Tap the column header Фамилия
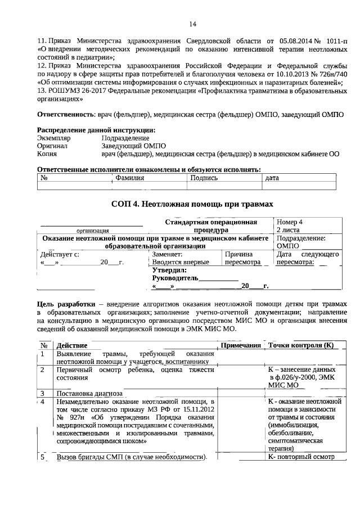coord(129,178)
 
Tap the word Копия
coord(47,153)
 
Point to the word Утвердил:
coord(169,270)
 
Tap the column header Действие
coord(71,345)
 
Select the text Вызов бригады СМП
coord(90,457)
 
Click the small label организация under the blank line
coord(93,231)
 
